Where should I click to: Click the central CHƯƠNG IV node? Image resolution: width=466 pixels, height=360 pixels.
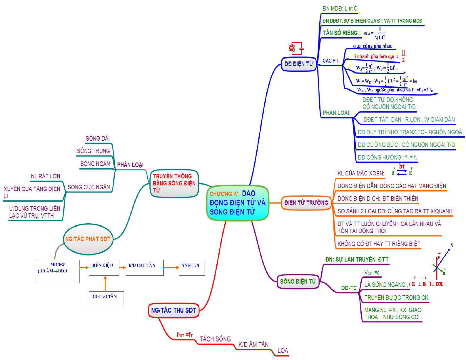pos(238,203)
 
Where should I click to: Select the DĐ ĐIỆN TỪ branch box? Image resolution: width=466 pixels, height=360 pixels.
pos(299,64)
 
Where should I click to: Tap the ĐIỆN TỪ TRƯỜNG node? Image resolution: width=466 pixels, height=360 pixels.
pos(306,203)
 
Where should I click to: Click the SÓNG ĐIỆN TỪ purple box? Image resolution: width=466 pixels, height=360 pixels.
pos(298,282)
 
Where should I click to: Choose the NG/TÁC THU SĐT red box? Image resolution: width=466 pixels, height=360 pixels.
pos(173,310)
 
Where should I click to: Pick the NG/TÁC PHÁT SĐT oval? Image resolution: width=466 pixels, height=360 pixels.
pos(88,239)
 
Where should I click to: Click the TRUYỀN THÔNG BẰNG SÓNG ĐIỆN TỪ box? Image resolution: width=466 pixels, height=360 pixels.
pos(174,183)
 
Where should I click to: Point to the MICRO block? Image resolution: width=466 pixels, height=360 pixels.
pos(57,271)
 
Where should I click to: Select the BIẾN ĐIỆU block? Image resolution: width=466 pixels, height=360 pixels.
pos(104,267)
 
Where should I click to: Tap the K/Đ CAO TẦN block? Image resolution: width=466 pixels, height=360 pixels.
pos(144,267)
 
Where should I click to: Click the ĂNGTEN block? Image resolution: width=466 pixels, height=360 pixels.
pos(192,267)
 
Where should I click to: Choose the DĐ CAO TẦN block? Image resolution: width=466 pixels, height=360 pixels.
pos(106,299)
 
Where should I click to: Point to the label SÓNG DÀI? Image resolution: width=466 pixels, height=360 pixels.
pos(98,138)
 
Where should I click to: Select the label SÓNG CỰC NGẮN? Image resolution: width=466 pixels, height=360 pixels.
pos(88,187)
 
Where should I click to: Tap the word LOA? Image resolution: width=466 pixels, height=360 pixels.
pos(283,351)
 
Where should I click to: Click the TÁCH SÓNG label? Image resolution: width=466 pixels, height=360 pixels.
pos(215,339)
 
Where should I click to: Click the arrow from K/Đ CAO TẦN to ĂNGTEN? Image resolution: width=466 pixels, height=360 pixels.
pos(171,267)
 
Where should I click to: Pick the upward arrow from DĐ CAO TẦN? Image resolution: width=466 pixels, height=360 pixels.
pos(105,283)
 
